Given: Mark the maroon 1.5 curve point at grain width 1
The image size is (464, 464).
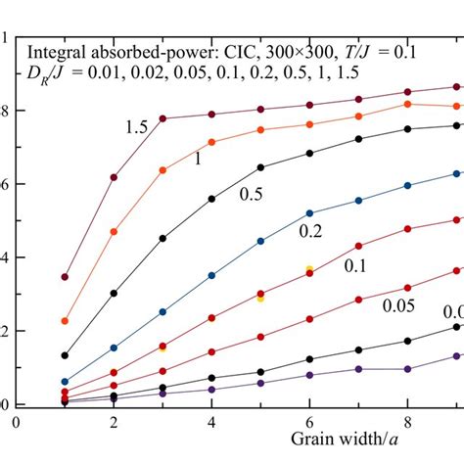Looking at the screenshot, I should tap(65, 277).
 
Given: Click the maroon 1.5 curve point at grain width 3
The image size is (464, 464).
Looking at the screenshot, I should tap(162, 118).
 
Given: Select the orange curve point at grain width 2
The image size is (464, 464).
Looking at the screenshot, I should tap(114, 231).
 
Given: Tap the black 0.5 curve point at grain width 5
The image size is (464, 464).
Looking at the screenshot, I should tap(260, 167).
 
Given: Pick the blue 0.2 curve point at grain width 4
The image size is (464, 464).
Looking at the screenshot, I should tap(211, 275).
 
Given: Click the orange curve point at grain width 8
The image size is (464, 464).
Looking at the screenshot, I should tap(407, 104).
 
